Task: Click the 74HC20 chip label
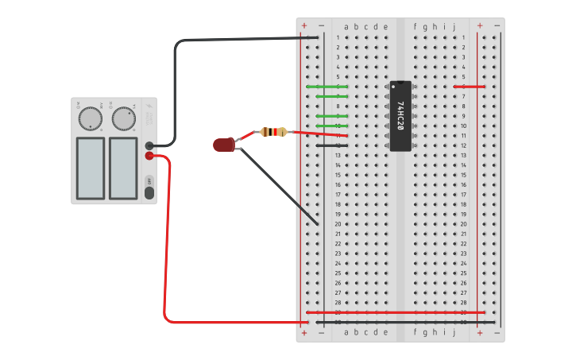[400, 117]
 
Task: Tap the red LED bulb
[223, 145]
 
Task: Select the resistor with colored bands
[273, 132]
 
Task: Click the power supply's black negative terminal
[149, 145]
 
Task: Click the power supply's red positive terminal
[149, 156]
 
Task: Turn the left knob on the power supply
[90, 119]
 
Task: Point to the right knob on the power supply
[123, 119]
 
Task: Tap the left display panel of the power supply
[90, 168]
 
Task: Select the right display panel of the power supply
[123, 168]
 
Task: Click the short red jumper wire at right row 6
[469, 87]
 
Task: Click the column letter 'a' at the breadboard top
[346, 27]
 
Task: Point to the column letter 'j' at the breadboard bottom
[454, 332]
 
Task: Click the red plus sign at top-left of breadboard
[304, 26]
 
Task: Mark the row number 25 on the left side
[338, 273]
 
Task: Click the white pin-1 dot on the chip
[393, 86]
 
